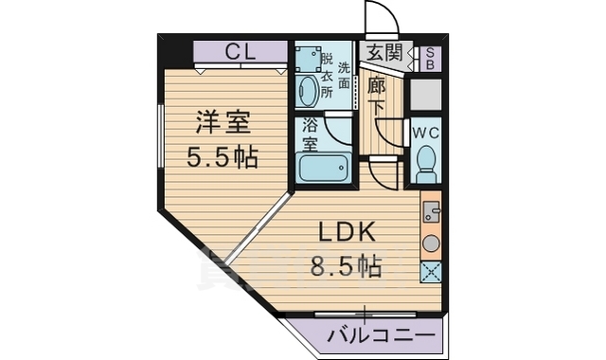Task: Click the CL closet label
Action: point(241,52)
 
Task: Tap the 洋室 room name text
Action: point(223,122)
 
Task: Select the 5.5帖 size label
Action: point(223,157)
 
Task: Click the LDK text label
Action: point(347,232)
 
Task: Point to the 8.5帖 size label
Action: point(347,266)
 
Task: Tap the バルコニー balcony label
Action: point(381,335)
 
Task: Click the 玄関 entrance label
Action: point(384,52)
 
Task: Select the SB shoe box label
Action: point(430,59)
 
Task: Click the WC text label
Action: point(425,134)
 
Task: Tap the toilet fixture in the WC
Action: point(427,164)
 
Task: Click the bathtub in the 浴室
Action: point(323,167)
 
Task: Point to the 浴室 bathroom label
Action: point(310,135)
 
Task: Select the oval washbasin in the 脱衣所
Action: point(308,91)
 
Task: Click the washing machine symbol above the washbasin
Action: point(308,59)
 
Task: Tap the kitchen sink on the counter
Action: point(431,211)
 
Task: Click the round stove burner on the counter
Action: point(431,243)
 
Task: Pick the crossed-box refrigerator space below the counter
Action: point(431,272)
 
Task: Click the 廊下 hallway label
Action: point(376,97)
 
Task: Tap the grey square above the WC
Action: point(425,95)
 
